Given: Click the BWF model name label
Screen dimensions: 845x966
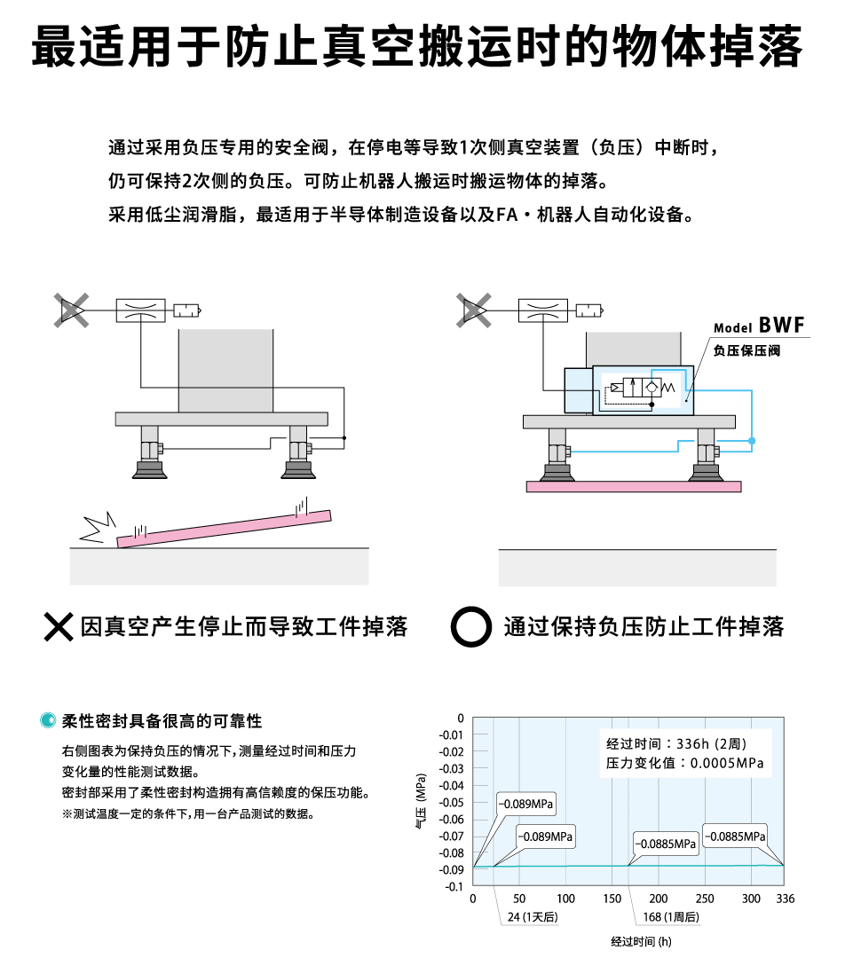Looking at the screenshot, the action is tap(759, 326).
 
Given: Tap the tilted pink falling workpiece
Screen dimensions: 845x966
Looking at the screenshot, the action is tap(224, 529).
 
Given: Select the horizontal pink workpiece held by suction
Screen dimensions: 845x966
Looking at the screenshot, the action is tap(634, 487).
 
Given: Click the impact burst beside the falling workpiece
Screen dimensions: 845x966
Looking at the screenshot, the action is tap(98, 528).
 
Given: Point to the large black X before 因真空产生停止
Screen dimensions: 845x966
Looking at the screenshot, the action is tap(59, 626).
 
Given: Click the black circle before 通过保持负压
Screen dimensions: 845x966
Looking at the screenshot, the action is tap(471, 627).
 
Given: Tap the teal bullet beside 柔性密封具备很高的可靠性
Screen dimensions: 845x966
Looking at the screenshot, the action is tap(47, 720).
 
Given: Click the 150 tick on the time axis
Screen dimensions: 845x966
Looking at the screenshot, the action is tap(612, 899).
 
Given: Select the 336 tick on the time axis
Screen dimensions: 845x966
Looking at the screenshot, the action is tap(785, 899).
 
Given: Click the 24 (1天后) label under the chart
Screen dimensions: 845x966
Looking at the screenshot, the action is tap(533, 917).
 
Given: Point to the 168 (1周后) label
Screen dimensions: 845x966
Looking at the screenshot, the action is tap(671, 917).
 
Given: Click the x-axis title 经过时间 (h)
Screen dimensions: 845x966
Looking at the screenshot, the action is tap(641, 941).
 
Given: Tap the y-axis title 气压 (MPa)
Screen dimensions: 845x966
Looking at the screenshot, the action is tap(421, 801).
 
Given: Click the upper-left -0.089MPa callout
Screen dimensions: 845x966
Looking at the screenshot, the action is tap(525, 804).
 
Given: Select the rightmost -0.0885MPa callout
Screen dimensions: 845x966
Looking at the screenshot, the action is tap(735, 836).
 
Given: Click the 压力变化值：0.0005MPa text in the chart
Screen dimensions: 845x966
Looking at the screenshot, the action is tap(684, 764).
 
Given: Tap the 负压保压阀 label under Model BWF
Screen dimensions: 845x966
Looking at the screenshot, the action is tap(746, 350).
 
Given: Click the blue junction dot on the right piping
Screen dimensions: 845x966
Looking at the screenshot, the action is tap(752, 441).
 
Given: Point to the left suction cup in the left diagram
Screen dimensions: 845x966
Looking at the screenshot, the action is tap(149, 469).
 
